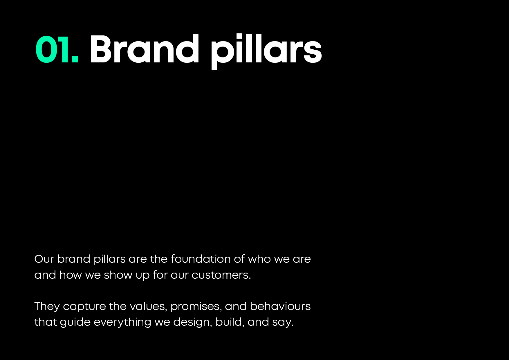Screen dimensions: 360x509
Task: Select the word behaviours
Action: coord(280,306)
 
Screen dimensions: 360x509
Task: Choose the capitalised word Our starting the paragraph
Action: coord(44,259)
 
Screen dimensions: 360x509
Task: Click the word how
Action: coord(71,275)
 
